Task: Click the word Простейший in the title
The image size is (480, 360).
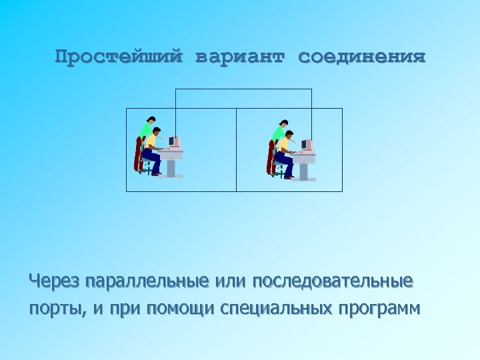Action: click(x=118, y=57)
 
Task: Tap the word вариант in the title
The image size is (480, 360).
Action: click(x=239, y=57)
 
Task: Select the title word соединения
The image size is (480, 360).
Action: click(x=361, y=57)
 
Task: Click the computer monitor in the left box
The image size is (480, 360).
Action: click(x=174, y=142)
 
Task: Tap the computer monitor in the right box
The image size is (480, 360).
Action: click(x=307, y=145)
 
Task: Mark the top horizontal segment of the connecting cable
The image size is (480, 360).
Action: click(x=243, y=89)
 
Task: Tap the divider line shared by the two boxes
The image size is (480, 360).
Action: click(x=237, y=150)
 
